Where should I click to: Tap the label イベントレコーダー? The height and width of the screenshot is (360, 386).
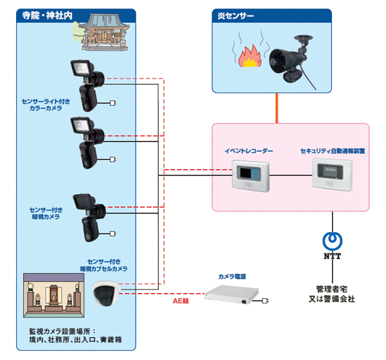248,151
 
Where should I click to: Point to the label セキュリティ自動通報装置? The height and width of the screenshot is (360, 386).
333,151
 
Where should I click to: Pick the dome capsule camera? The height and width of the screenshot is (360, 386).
106,294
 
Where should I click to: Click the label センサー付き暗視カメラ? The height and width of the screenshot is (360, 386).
45,213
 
